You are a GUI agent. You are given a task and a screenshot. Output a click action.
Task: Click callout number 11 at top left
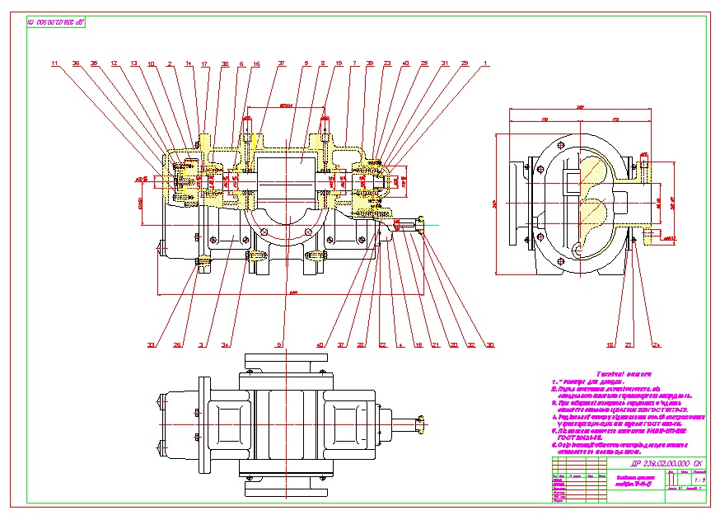click(54, 63)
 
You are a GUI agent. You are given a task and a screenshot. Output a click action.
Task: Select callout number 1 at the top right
click(485, 63)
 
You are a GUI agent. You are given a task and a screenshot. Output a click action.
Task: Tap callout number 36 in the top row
click(76, 63)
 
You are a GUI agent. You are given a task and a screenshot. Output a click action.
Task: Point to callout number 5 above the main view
click(306, 63)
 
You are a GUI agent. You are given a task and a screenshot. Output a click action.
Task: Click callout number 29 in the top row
click(465, 63)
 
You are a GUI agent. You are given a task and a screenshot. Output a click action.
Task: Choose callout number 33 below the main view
click(151, 344)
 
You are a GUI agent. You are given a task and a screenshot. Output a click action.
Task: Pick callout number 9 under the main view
click(279, 344)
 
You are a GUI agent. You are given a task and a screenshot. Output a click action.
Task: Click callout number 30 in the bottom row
click(492, 344)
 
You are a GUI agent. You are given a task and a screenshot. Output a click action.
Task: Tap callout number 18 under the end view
click(610, 344)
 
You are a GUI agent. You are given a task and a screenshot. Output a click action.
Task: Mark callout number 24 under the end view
click(657, 344)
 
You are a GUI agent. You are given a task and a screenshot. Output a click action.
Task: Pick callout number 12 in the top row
click(114, 63)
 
